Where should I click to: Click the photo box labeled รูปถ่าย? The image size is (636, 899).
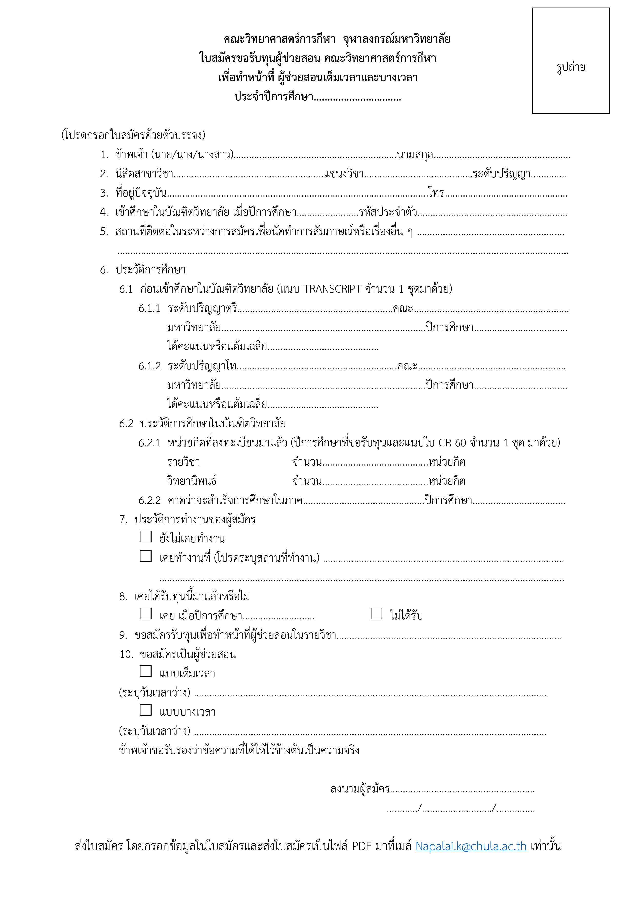[x=571, y=61]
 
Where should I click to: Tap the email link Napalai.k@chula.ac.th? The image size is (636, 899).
[x=471, y=846]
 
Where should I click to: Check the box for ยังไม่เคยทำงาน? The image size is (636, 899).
[x=146, y=536]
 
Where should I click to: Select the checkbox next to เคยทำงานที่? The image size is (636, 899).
[x=146, y=556]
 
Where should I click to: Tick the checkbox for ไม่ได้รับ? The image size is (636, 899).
[x=376, y=614]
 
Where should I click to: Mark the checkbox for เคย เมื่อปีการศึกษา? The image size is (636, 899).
[x=146, y=614]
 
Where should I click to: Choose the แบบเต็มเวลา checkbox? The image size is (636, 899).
[x=146, y=671]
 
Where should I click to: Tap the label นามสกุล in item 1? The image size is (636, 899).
[x=415, y=155]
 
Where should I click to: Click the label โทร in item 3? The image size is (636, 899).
[x=436, y=193]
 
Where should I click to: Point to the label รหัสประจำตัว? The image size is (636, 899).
[x=388, y=212]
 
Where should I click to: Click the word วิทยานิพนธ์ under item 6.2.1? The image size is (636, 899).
[x=192, y=481]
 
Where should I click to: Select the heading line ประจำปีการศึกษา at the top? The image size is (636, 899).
[x=274, y=97]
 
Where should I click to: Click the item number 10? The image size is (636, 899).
[x=126, y=654]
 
